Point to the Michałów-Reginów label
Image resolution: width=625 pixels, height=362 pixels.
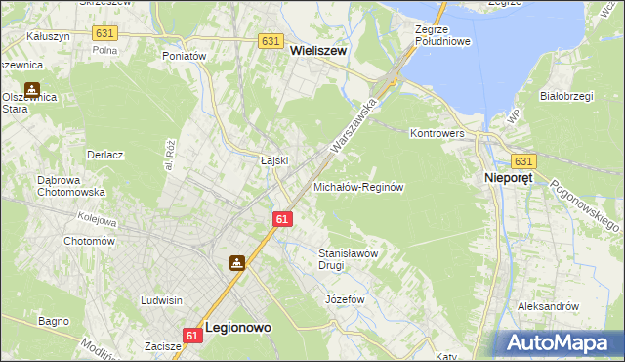(358, 186)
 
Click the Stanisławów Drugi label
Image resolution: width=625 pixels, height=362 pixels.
(348, 259)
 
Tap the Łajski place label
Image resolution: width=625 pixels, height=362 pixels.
(273, 159)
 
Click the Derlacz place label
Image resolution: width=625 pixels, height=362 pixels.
(104, 155)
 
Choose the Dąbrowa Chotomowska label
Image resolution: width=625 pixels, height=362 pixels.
(70, 186)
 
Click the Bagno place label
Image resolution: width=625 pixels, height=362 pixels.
(54, 320)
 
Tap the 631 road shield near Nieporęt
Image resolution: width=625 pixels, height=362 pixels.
(524, 161)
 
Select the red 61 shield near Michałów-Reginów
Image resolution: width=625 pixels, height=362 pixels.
(281, 222)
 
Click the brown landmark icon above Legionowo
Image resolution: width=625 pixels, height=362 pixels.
(237, 262)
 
